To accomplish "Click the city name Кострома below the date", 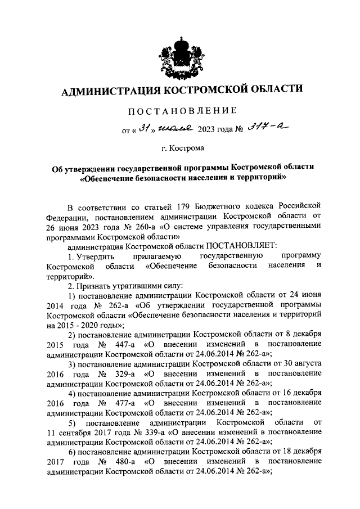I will pyautogui.click(x=191, y=149).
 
